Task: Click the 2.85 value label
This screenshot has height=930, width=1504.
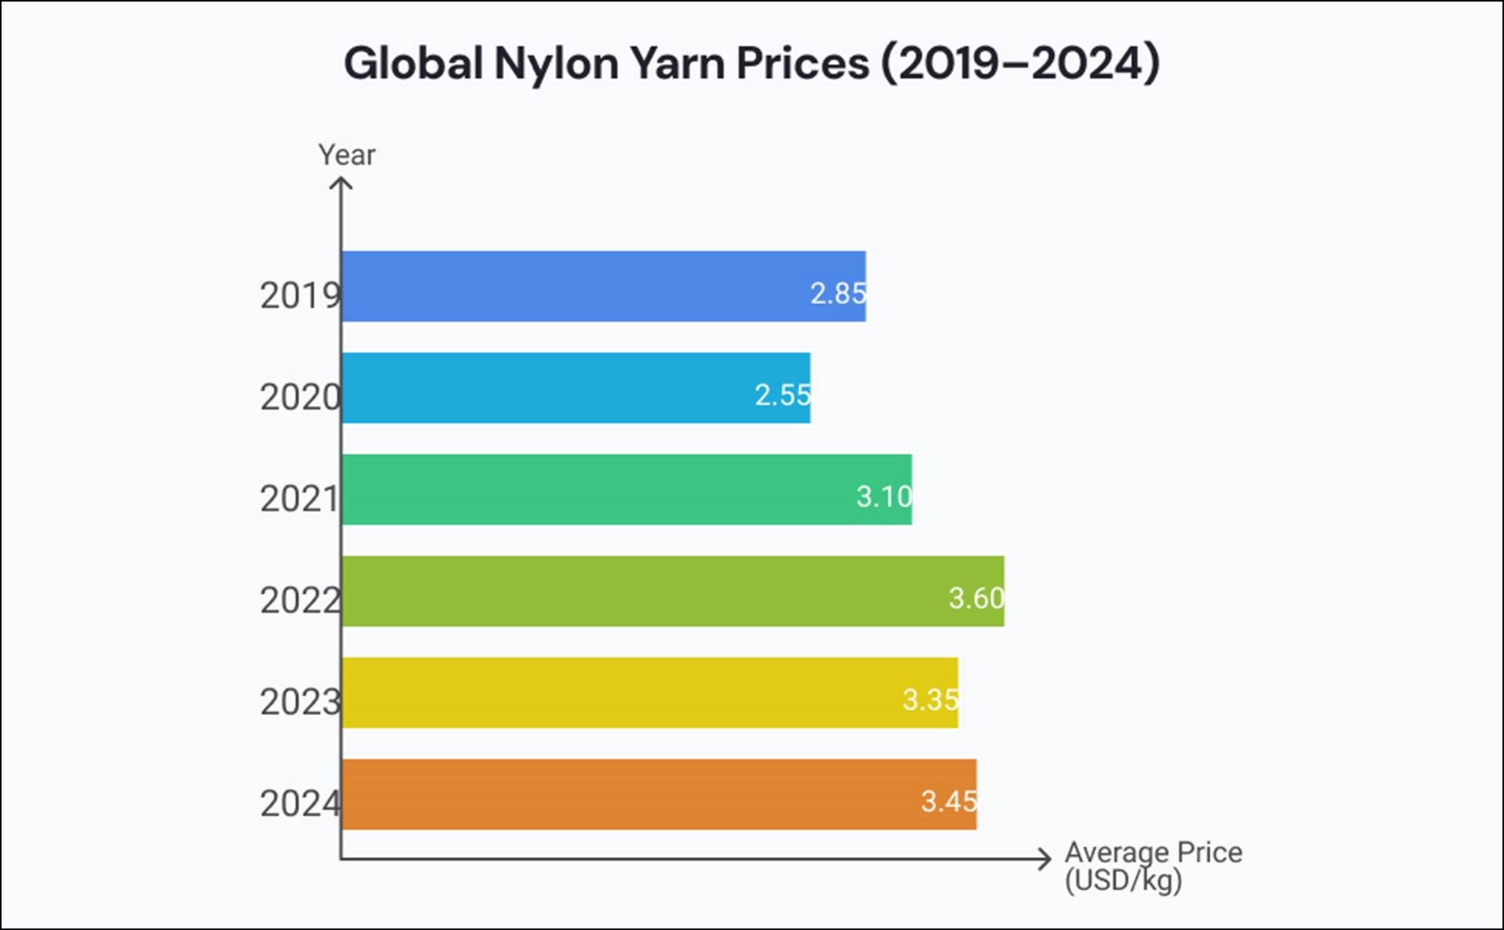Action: coord(837,293)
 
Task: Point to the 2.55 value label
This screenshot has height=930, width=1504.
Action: coord(782,395)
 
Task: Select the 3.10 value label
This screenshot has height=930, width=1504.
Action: coord(884,497)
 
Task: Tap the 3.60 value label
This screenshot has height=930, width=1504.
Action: coord(976,598)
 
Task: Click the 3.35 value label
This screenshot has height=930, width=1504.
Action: coord(930,700)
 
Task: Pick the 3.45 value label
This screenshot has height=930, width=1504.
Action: coord(948,801)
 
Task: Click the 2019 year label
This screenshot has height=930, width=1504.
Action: coord(299,296)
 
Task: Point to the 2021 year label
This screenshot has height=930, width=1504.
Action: coord(299,499)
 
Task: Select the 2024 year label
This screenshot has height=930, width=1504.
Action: coord(299,804)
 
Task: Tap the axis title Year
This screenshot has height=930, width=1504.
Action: coord(346,155)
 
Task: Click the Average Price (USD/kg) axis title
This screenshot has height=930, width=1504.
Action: coord(1152,866)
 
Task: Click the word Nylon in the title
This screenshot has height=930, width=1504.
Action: coord(556,63)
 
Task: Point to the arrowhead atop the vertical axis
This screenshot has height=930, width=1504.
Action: coord(341,183)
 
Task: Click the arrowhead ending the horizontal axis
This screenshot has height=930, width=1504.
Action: coord(1046,859)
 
